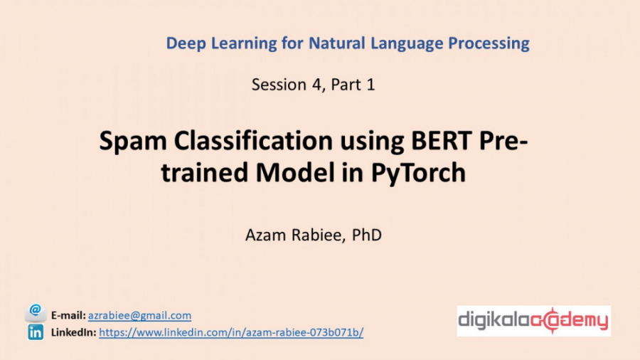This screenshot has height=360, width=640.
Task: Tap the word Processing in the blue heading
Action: pyautogui.click(x=489, y=44)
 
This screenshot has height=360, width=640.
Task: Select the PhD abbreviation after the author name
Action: pyautogui.click(x=367, y=235)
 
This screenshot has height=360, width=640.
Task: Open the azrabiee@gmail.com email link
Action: pyautogui.click(x=139, y=315)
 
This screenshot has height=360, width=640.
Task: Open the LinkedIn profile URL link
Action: pyautogui.click(x=231, y=332)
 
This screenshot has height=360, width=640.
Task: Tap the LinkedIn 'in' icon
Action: pyautogui.click(x=36, y=332)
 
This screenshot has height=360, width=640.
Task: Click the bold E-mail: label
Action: pyautogui.click(x=68, y=315)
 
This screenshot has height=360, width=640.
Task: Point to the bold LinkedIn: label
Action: pyautogui.click(x=73, y=332)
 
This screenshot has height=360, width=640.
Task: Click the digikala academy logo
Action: pyautogui.click(x=533, y=322)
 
